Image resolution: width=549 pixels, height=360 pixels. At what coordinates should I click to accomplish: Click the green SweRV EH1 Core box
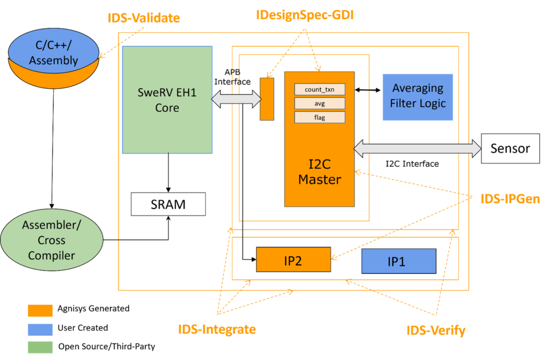tap(167, 100)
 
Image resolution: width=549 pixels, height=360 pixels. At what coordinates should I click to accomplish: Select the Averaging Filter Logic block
tap(418, 96)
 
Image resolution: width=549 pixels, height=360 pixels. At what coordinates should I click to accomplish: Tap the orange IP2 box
tap(293, 260)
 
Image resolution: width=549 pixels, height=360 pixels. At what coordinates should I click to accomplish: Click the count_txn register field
tap(320, 89)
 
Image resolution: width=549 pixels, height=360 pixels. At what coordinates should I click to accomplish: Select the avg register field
tap(320, 103)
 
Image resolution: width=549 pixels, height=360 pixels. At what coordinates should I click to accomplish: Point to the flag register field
tap(320, 117)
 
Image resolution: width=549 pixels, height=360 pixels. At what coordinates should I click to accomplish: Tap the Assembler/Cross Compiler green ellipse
tap(51, 241)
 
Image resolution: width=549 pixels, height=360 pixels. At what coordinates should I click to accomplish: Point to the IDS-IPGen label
tap(510, 199)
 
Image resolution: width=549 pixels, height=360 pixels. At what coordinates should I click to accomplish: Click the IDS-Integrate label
tap(217, 329)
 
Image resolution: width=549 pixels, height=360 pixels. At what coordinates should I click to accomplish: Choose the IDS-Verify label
tap(435, 331)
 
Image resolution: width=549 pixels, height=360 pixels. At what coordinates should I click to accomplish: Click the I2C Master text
tap(320, 171)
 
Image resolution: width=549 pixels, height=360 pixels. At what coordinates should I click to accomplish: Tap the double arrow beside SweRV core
tap(236, 99)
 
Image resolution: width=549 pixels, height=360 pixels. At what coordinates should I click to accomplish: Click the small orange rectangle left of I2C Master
tap(267, 99)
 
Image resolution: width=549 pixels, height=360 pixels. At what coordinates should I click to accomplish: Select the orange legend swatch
tap(40, 311)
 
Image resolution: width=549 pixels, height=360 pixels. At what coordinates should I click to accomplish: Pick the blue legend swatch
tap(40, 329)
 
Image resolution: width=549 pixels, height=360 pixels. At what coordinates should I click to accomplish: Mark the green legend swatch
tap(40, 347)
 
